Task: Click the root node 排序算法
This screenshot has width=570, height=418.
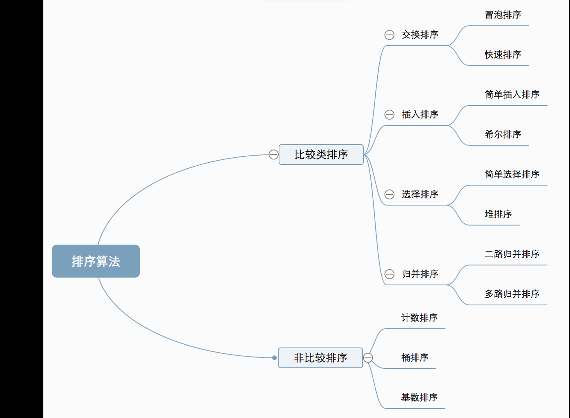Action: pyautogui.click(x=96, y=261)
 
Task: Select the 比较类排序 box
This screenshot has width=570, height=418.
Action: pyautogui.click(x=321, y=154)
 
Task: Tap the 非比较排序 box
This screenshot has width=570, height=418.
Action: pyautogui.click(x=320, y=358)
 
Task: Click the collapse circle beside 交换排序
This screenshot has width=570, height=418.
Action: pyautogui.click(x=389, y=35)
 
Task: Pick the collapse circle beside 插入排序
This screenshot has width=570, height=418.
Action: pyautogui.click(x=389, y=115)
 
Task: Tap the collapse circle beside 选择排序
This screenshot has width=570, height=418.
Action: pyautogui.click(x=389, y=194)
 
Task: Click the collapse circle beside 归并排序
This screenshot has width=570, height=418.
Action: pyautogui.click(x=389, y=274)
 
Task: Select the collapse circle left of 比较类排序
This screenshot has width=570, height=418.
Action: pyautogui.click(x=273, y=154)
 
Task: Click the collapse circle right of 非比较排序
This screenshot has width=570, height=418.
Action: pyautogui.click(x=368, y=358)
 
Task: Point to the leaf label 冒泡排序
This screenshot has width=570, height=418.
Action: pyautogui.click(x=503, y=15)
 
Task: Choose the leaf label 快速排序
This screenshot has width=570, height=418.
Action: pyautogui.click(x=503, y=55)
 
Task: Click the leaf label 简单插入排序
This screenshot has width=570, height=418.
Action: pyautogui.click(x=512, y=95)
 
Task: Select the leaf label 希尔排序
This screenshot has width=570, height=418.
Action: pyautogui.click(x=503, y=135)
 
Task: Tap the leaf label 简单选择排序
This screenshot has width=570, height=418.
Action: pyautogui.click(x=512, y=175)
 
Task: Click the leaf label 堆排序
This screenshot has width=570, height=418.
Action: pyautogui.click(x=498, y=214)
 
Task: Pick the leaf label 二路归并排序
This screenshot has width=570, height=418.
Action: pyautogui.click(x=512, y=254)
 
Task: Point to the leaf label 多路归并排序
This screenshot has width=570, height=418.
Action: pyautogui.click(x=512, y=294)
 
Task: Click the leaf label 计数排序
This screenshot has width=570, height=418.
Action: pyautogui.click(x=419, y=318)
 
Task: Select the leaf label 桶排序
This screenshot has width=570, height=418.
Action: pyautogui.click(x=414, y=358)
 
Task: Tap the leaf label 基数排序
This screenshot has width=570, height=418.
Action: pyautogui.click(x=419, y=397)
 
